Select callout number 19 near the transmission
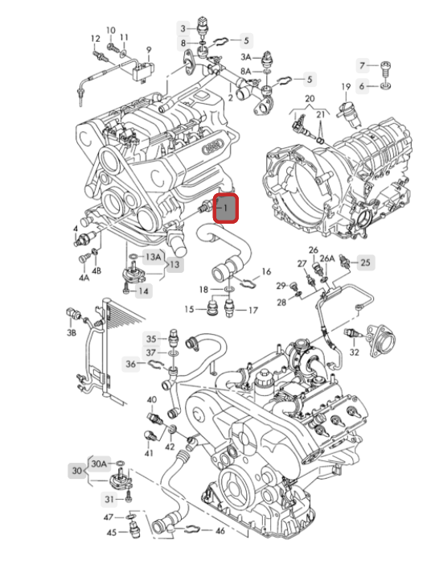point(346,86)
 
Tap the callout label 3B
point(72,332)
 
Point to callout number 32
point(354,352)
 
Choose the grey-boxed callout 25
point(365,262)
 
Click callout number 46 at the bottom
point(220,531)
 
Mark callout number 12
point(96,38)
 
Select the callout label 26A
point(327,258)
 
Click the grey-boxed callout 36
point(130,365)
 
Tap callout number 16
point(266,271)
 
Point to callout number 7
point(363,64)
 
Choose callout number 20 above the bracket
point(310,99)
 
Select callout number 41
point(149,453)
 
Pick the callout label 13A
point(152,256)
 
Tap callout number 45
point(112,532)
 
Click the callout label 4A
point(84,277)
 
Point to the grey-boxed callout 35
point(151,338)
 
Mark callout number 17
point(252,310)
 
